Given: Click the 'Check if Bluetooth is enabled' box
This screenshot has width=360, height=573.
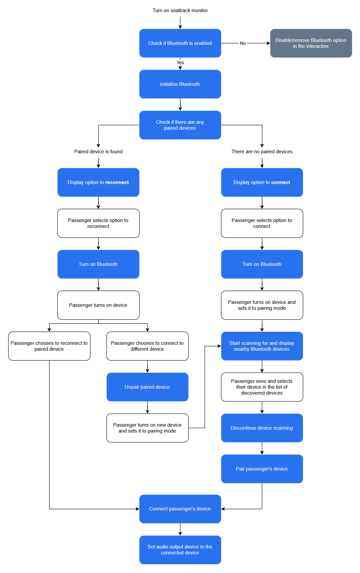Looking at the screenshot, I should (x=180, y=43).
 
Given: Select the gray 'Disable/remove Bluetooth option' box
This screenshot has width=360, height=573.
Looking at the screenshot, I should (x=311, y=43).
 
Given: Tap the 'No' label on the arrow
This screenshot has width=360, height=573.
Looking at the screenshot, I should (x=243, y=43).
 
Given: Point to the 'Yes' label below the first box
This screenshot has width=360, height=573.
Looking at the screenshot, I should (x=180, y=63).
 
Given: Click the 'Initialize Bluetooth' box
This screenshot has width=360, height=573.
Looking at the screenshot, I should (x=180, y=84).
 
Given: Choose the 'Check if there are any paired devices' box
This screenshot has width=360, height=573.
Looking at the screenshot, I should (x=180, y=125).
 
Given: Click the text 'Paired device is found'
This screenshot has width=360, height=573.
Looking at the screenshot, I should (x=98, y=152).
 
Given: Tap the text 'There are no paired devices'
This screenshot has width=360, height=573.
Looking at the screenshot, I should (x=262, y=152).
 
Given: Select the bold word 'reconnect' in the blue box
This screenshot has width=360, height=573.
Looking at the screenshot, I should (x=117, y=182).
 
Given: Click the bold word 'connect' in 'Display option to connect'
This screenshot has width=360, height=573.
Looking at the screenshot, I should (x=280, y=182).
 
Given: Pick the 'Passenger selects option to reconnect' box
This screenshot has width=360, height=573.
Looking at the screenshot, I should (x=98, y=223).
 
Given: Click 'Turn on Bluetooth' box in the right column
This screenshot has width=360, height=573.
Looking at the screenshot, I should (x=262, y=264).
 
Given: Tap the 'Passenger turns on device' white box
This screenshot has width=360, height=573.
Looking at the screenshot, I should (x=98, y=305).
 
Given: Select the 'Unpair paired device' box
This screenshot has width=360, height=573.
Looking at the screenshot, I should (x=147, y=387).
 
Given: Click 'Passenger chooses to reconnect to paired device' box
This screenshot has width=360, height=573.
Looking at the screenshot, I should (x=49, y=346).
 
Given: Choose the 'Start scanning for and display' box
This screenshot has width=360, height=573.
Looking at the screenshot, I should (x=262, y=346).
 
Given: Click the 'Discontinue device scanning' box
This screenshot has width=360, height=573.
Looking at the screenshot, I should (x=262, y=428).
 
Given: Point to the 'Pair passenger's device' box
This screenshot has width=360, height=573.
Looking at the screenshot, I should (x=262, y=469).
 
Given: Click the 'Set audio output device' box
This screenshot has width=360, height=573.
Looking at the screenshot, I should (x=180, y=550).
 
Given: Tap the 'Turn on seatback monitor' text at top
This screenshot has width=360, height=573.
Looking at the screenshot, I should (x=180, y=10).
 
